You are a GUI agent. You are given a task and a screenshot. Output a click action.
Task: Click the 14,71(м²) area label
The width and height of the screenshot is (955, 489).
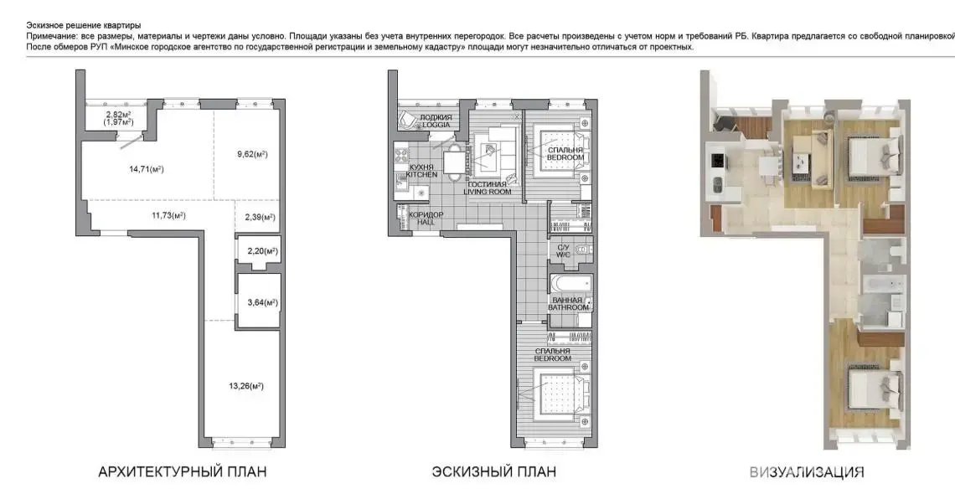pos(146,169)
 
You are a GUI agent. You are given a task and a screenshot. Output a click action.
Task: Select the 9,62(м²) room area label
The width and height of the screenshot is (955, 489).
pos(250,154)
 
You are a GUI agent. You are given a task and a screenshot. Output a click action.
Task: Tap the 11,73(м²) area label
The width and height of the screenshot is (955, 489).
pos(168,215)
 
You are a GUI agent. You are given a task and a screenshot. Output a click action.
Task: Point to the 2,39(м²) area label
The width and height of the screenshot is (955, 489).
pos(260,217)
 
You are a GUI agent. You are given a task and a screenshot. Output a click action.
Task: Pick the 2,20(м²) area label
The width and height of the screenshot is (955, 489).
pos(262,251)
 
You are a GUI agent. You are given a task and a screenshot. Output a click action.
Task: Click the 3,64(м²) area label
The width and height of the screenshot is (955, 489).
pos(262,302)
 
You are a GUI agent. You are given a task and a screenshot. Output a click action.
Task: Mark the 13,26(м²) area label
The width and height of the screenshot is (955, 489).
pos(246,385)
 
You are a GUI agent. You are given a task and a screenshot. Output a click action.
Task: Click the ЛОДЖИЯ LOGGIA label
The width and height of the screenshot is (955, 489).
pos(436,121)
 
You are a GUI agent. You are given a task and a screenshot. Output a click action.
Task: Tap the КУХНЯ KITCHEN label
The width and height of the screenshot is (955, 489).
pos(422,171)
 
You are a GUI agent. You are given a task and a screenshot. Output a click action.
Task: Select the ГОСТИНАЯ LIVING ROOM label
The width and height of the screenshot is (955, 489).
pos(488,188)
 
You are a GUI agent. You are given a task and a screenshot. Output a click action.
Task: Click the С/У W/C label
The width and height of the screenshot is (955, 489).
pos(564,251)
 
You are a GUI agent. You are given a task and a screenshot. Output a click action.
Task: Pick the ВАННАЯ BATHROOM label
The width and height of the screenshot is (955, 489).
pos(568,304)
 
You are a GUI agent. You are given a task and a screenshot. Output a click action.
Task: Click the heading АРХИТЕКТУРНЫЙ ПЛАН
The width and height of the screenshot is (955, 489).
pos(182,472)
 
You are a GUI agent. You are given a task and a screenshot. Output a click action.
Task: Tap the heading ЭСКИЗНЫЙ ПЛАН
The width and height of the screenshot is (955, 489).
pos(494,472)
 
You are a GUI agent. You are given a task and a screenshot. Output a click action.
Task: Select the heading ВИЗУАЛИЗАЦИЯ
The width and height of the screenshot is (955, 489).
pos(807,472)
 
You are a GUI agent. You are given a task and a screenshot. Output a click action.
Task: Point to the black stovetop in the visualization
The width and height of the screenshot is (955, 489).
pos(717,161)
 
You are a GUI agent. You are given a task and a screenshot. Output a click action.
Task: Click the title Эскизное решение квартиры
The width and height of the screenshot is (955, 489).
pos(84,26)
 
